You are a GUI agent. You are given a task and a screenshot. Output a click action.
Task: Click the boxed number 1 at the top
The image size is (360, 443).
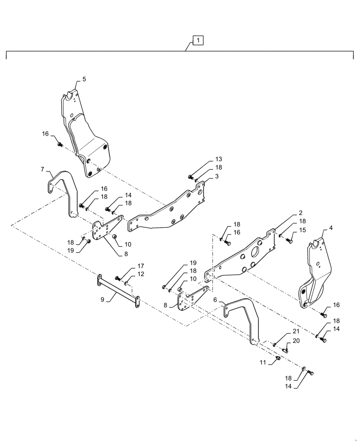tap(198, 41)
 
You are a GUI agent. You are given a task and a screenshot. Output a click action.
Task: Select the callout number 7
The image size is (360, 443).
tap(42, 169)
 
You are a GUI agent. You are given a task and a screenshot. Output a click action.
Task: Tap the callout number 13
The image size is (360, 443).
tap(219, 159)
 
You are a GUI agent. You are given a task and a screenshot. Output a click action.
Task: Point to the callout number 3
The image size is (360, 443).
tap(217, 176)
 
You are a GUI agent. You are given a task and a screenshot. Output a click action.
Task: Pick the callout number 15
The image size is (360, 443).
tap(302, 230)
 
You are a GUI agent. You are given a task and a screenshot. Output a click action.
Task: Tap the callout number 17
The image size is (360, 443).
tap(141, 266)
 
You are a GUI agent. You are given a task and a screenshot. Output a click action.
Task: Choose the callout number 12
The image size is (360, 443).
tap(141, 275)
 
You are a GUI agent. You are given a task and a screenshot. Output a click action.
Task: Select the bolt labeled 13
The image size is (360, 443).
tap(191, 177)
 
